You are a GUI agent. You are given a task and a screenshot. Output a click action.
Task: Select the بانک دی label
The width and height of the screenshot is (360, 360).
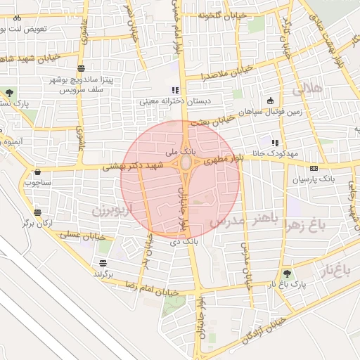[x=181, y=242]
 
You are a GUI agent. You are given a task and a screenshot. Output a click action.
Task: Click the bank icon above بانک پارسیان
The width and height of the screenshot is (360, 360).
[x=314, y=168]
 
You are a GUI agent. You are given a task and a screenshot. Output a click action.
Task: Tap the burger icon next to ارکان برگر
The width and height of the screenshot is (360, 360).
[x=37, y=212]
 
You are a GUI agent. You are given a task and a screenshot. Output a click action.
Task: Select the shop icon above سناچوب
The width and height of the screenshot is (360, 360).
[x=35, y=171]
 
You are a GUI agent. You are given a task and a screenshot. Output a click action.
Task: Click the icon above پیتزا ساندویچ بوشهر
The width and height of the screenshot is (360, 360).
[x=82, y=68]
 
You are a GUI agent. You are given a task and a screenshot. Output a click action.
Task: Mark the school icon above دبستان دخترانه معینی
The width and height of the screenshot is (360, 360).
[x=175, y=90]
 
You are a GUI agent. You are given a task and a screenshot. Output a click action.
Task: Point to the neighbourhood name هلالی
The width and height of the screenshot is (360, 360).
[x=307, y=89]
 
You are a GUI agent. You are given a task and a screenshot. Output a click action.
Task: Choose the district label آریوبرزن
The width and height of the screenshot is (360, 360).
[x=107, y=210]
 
